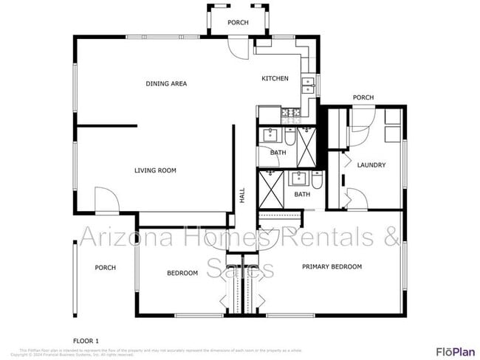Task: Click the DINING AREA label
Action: [165, 83]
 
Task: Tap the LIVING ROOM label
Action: [155, 170]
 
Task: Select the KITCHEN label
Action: [275, 79]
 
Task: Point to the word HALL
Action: [241, 195]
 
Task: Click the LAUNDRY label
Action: [371, 165]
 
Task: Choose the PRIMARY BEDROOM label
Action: [332, 266]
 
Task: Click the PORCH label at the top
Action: [238, 23]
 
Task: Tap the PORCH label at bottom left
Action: [105, 267]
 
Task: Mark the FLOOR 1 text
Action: [86, 320]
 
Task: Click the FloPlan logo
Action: [455, 350]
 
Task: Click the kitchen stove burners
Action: [289, 114]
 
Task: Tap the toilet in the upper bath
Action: [289, 137]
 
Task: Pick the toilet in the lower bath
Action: [316, 181]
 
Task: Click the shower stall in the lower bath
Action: [270, 190]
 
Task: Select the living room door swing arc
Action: [106, 201]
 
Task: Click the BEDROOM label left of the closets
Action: [182, 273]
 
